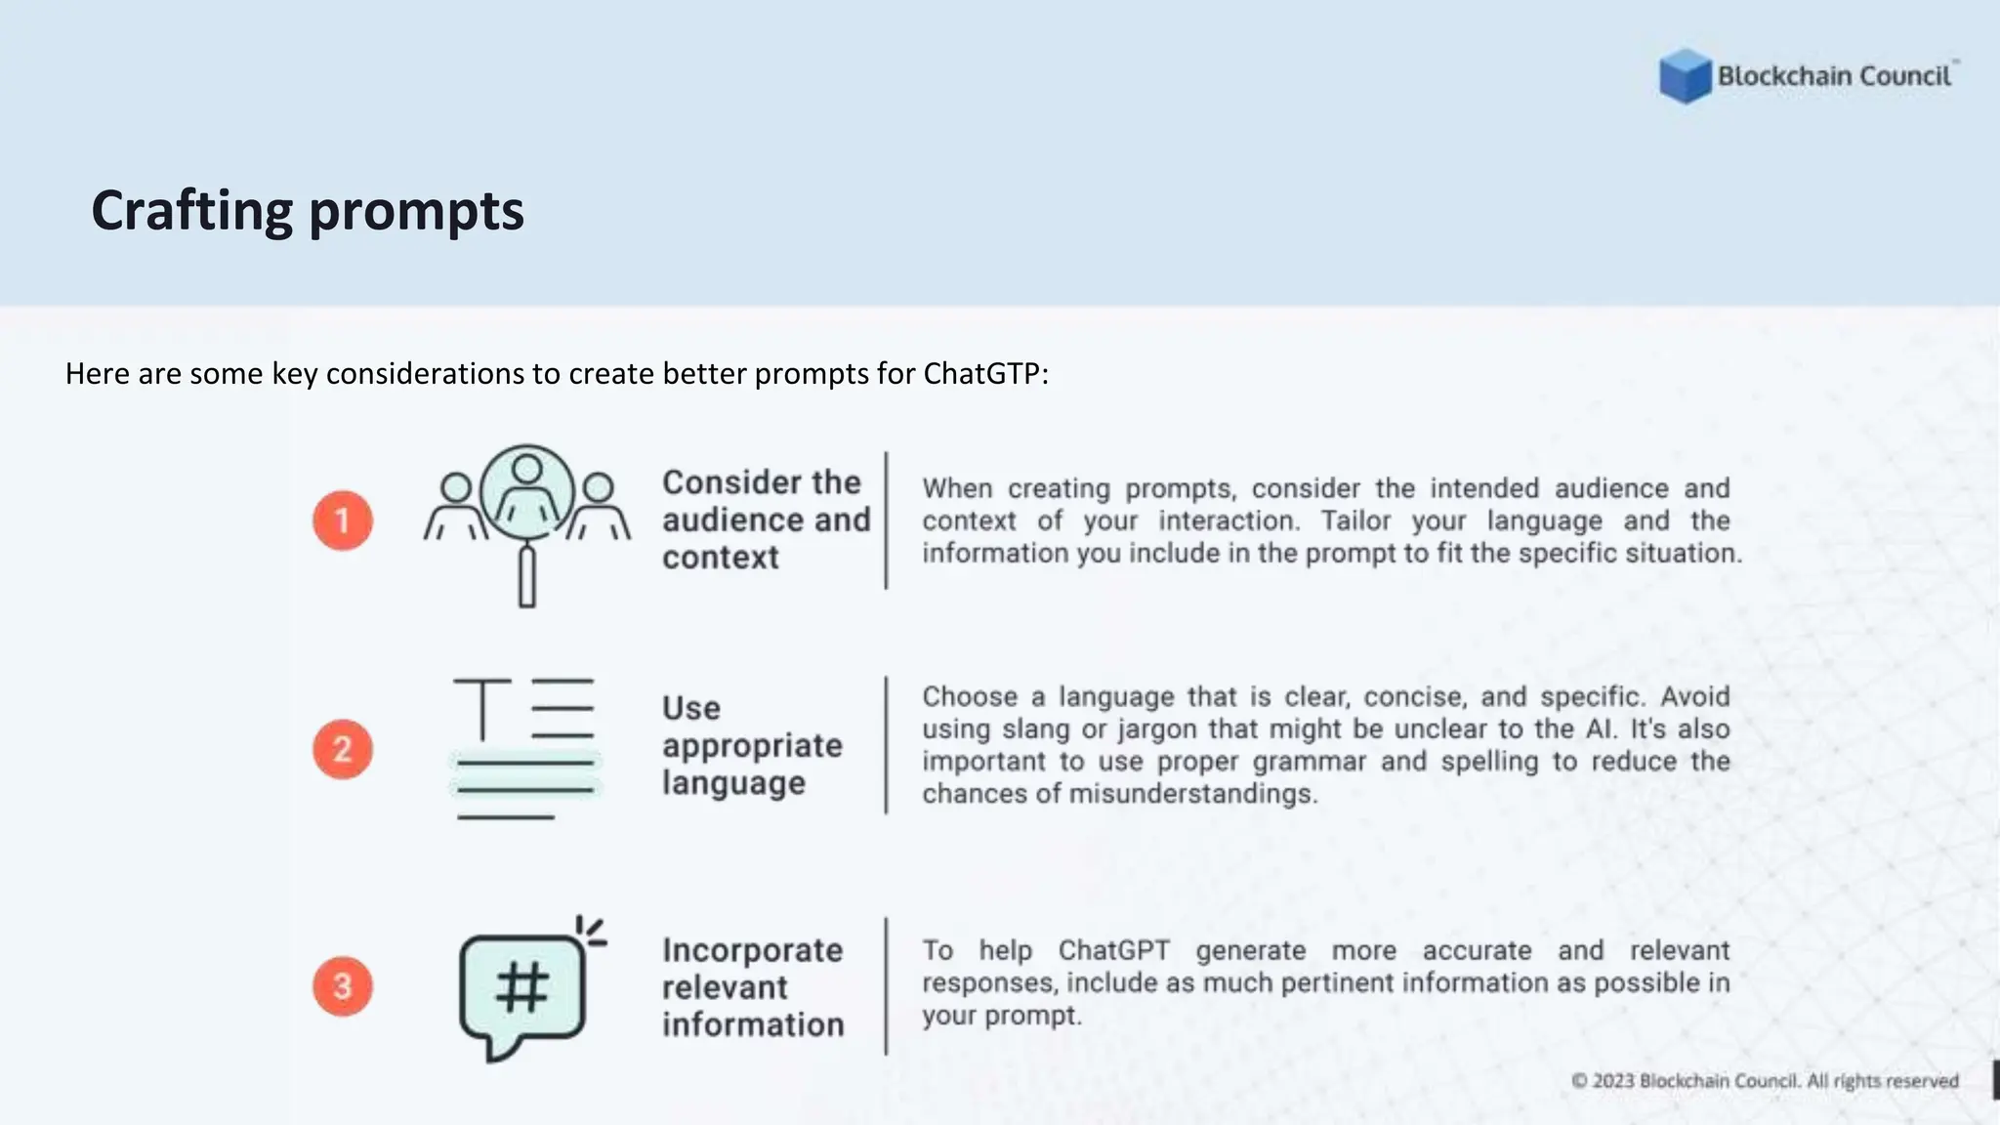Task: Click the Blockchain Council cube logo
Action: tap(1685, 76)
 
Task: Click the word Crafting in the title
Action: tap(191, 211)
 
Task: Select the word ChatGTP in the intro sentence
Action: tap(981, 374)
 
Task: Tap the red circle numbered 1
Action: tap(343, 521)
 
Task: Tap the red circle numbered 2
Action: tap(343, 749)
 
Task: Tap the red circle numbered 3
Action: tap(343, 986)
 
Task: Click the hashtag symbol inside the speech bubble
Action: tap(522, 987)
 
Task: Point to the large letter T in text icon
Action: tap(482, 708)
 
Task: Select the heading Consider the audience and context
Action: tap(765, 520)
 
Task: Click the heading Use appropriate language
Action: tap(751, 745)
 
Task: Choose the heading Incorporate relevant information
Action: tap(752, 987)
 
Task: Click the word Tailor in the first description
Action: tap(1355, 521)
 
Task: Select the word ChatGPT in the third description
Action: tap(1113, 950)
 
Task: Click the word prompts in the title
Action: tap(417, 211)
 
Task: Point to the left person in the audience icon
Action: tap(455, 506)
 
